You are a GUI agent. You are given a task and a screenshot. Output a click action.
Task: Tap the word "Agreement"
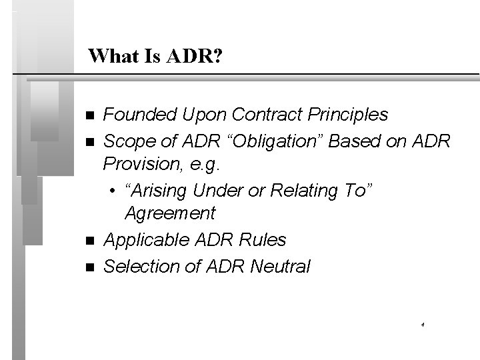click(x=170, y=214)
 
